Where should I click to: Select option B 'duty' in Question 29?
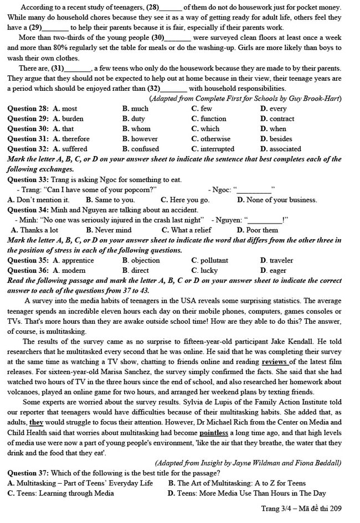(x=133, y=119)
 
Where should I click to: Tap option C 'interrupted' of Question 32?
(x=213, y=149)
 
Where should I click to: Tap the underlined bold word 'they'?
(x=37, y=423)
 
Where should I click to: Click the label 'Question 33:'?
(x=28, y=180)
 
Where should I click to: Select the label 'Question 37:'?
(x=28, y=473)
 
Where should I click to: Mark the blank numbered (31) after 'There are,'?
(x=78, y=69)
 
